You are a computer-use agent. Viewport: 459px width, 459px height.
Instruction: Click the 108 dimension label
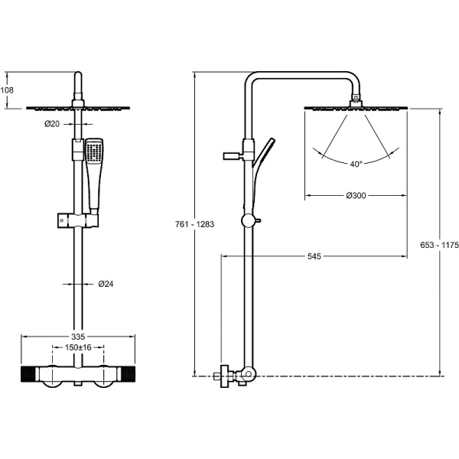tap(8, 90)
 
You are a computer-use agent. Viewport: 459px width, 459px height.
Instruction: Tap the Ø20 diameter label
tap(53, 124)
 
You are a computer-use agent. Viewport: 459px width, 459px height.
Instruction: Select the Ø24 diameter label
tap(106, 285)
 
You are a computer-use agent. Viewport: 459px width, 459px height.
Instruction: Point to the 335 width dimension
tap(77, 336)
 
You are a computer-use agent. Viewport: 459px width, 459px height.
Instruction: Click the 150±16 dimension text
tap(76, 347)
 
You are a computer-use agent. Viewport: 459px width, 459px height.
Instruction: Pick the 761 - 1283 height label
tap(184, 224)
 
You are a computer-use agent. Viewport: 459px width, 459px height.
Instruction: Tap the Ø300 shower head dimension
tap(355, 196)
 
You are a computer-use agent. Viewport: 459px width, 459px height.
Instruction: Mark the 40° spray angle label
tap(356, 164)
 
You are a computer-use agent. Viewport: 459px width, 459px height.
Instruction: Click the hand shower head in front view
tap(94, 151)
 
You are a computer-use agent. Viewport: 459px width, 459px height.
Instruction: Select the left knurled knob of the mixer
tap(29, 375)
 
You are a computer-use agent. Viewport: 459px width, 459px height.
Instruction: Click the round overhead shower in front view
tap(76, 108)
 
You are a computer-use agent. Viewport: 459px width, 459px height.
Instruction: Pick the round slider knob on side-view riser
tap(246, 221)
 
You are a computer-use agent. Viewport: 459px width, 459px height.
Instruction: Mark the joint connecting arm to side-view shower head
tap(356, 99)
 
